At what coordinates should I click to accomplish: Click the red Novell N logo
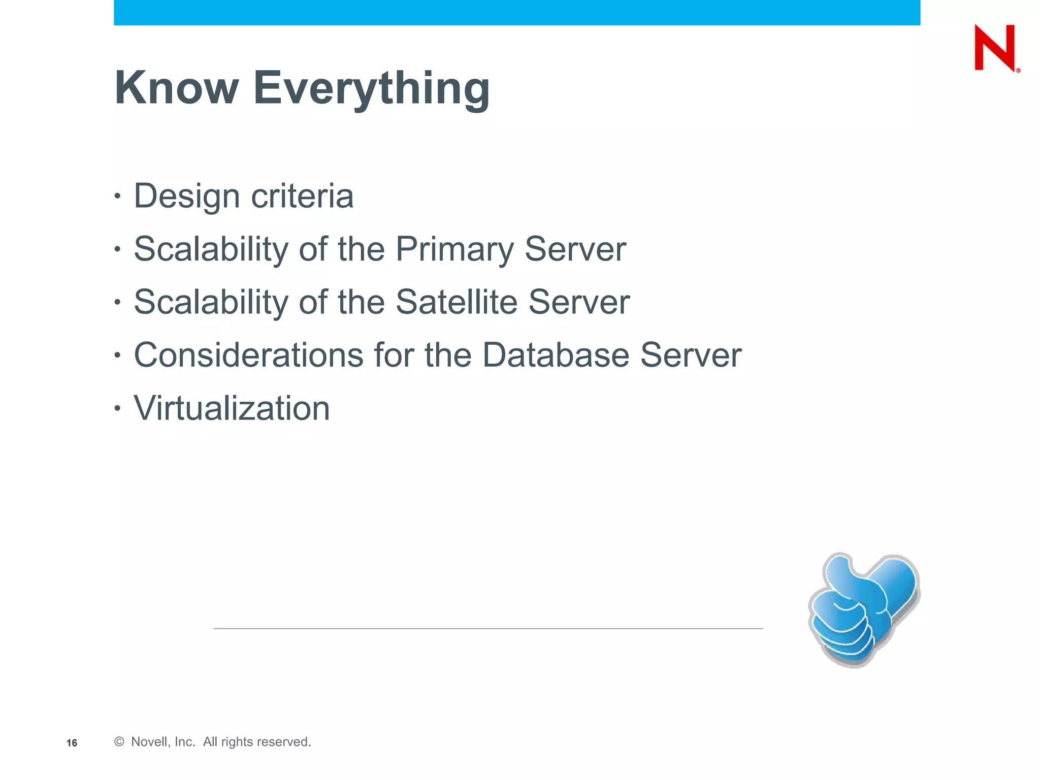pos(995,48)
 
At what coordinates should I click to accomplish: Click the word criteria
pos(302,196)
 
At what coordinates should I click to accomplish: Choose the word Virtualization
pos(232,408)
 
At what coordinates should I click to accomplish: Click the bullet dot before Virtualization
pos(117,408)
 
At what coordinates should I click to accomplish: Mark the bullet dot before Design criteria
pos(117,196)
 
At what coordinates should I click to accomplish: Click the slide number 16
pos(72,743)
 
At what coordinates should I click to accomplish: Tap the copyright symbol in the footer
pos(119,742)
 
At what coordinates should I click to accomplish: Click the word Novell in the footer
pos(148,742)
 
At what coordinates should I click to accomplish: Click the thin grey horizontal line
pos(487,629)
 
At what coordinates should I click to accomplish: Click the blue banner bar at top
pos(516,12)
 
